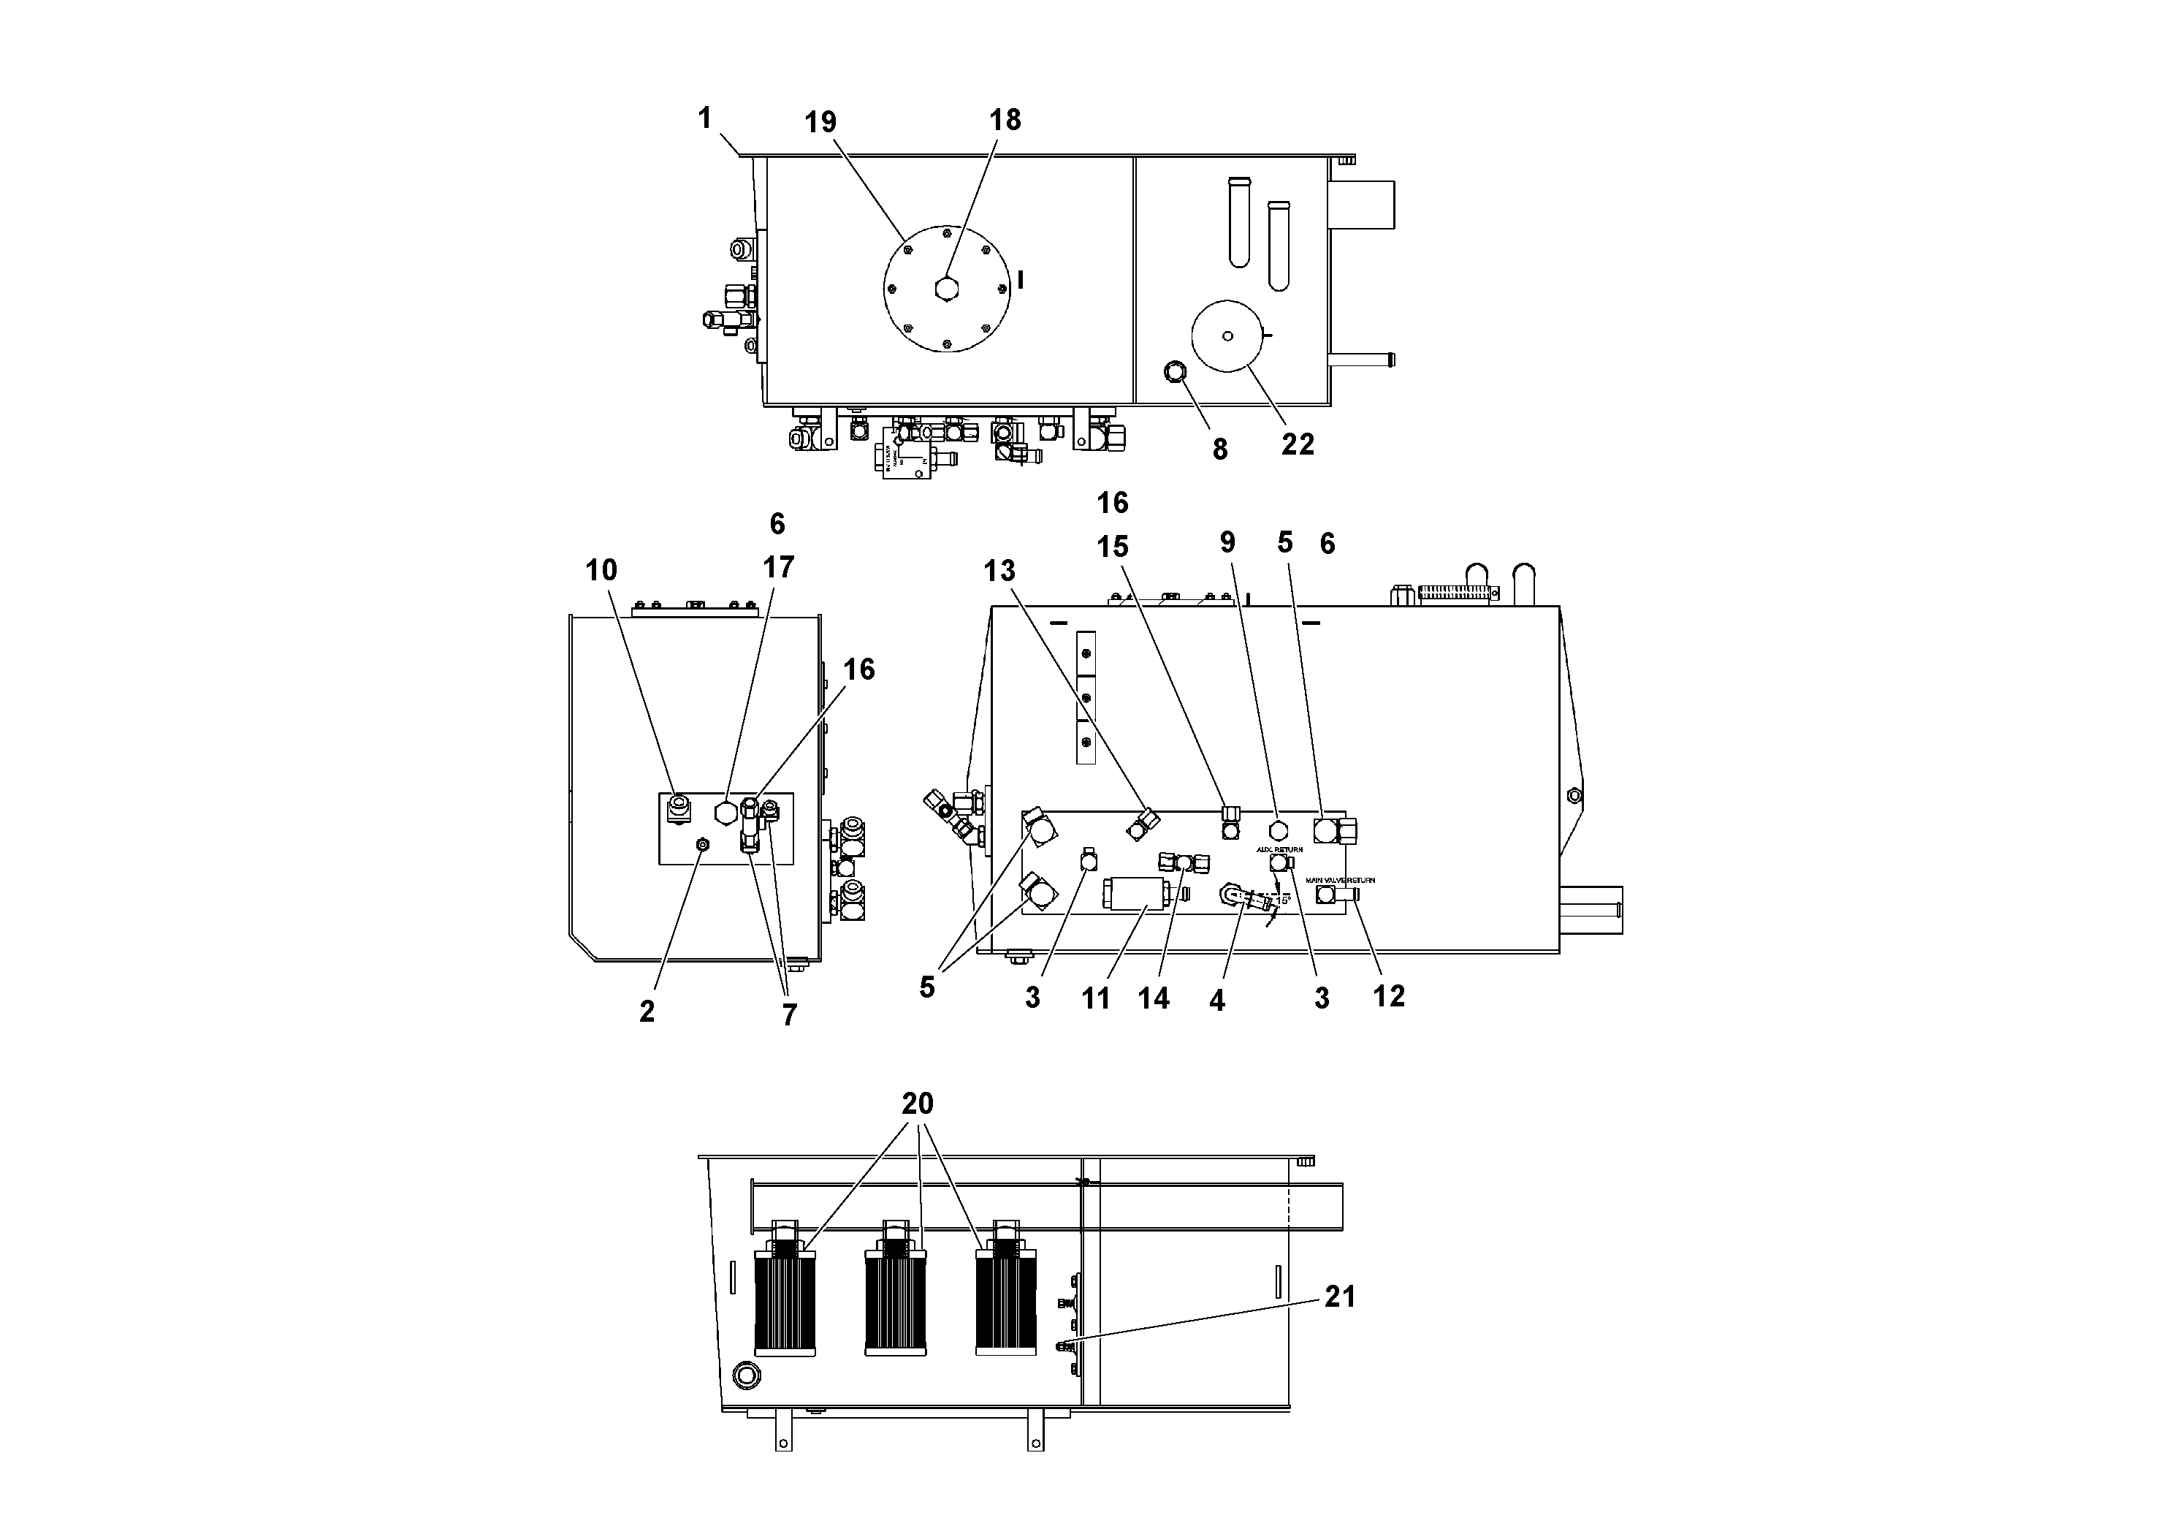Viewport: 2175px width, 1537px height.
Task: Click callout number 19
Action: click(820, 122)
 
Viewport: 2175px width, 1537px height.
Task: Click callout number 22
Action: click(1298, 444)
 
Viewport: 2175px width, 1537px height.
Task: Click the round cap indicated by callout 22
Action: click(1227, 335)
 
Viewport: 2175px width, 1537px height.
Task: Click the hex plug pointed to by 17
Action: click(725, 813)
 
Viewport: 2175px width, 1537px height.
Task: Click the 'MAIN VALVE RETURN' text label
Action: click(1341, 880)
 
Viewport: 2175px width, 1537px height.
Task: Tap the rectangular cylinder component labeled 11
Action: click(1137, 894)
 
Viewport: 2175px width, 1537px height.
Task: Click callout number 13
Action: click(999, 571)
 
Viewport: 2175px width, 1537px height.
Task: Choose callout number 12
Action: click(1389, 996)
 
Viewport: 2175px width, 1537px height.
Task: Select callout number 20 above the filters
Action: click(917, 1104)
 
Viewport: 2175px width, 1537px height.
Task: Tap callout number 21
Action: click(1339, 1297)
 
